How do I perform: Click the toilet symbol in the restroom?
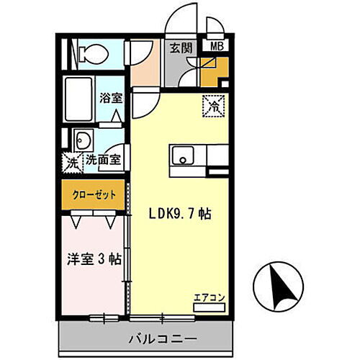[x=89, y=53]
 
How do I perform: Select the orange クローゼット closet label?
[x=94, y=195]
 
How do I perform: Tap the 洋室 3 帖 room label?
[x=93, y=258]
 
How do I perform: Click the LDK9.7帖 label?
[x=180, y=214]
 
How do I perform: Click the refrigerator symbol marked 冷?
[x=213, y=105]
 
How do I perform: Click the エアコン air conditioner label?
[x=209, y=295]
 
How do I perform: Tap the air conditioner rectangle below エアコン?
[x=209, y=306]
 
